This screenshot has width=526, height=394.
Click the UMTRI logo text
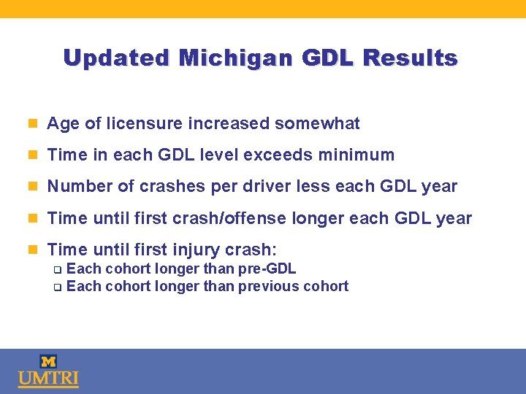[x=48, y=379]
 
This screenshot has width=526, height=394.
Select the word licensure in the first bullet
[x=142, y=124]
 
